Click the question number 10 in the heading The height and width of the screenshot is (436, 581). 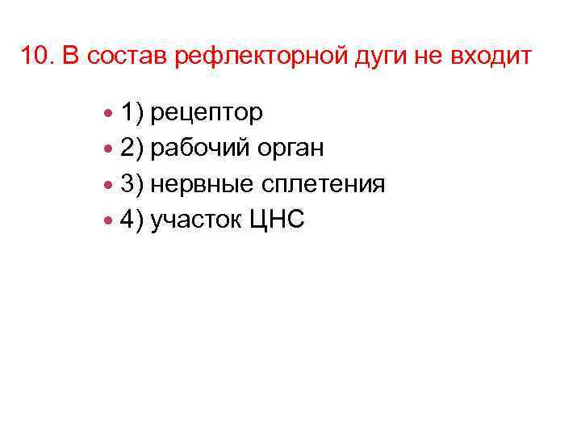(34, 57)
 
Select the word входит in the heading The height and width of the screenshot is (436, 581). (493, 57)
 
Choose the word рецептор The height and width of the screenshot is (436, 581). (207, 114)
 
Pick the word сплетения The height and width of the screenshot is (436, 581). (323, 185)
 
